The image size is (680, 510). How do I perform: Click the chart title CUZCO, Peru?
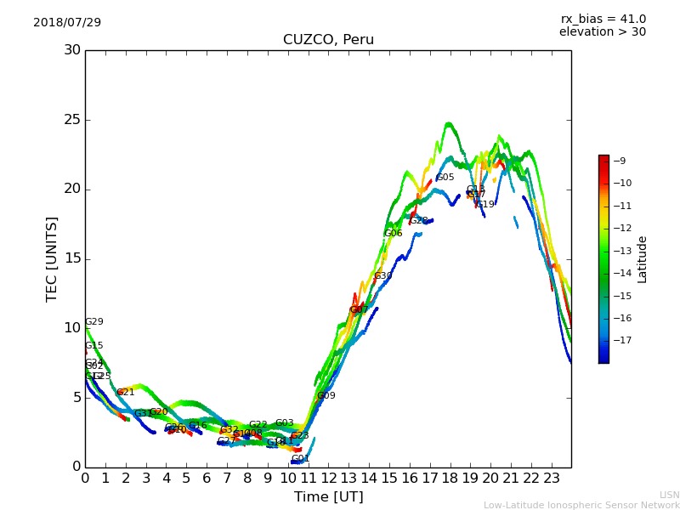tap(328, 40)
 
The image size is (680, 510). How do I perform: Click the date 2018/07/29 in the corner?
tap(67, 22)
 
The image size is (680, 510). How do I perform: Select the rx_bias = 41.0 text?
tap(603, 19)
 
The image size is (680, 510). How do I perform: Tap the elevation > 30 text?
tap(602, 32)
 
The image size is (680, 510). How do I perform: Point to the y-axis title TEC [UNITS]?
tap(53, 258)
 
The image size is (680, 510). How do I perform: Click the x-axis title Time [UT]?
tap(328, 496)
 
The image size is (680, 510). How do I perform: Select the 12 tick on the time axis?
tap(328, 479)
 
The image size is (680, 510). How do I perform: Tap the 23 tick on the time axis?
tap(552, 479)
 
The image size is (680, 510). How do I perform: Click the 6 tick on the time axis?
tap(207, 479)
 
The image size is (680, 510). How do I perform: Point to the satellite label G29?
tap(93, 322)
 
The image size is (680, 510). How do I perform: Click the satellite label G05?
tap(445, 178)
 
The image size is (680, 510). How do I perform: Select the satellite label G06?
tap(394, 234)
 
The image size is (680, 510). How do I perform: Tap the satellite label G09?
tap(326, 396)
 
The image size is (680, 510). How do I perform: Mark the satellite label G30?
tap(383, 276)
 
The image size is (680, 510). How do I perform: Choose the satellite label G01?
tap(301, 459)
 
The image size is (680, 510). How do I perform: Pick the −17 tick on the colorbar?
tap(621, 340)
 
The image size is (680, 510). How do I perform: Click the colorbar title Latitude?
tap(643, 259)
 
